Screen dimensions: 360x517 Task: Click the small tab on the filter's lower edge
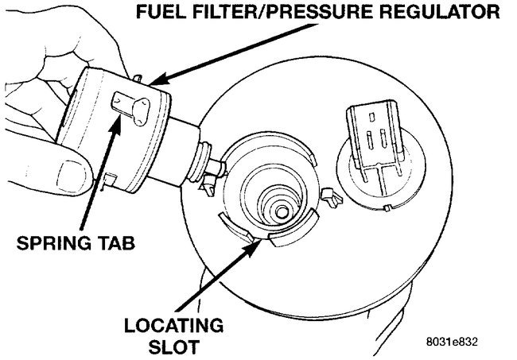111,180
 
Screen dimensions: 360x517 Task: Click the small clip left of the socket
209,187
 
